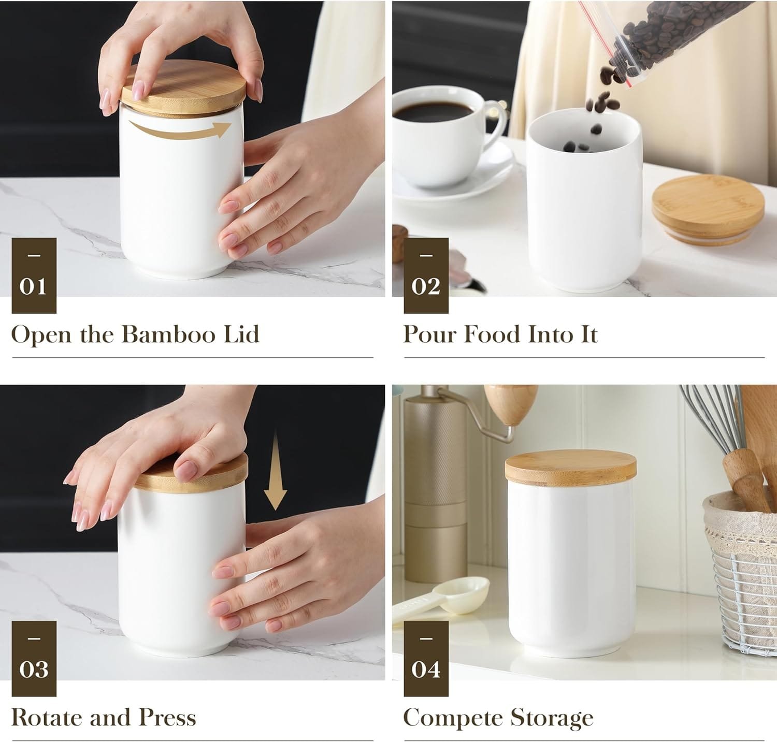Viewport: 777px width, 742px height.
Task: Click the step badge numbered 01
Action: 34,275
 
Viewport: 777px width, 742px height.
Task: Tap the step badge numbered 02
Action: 426,275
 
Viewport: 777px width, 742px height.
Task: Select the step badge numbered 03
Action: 34,659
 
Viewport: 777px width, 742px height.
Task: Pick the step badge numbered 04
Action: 426,659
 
